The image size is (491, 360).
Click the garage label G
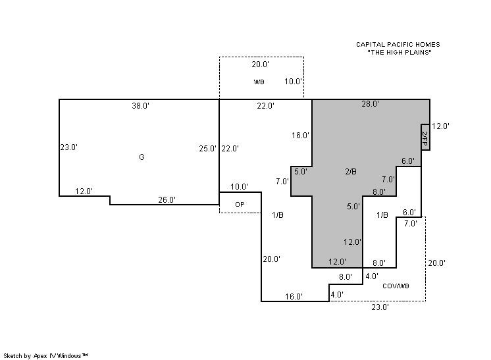(142, 157)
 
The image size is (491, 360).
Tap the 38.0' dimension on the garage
(140, 106)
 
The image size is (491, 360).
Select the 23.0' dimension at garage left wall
(69, 147)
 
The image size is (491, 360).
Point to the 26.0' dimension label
(167, 199)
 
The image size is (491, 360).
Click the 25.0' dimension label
(207, 148)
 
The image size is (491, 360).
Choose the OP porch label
(240, 205)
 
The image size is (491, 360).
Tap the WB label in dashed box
(259, 82)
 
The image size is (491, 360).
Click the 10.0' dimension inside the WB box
(293, 82)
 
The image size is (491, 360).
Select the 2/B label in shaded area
(351, 172)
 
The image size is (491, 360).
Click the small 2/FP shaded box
(425, 137)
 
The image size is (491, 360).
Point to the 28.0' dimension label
(370, 104)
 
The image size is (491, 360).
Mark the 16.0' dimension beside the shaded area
(300, 135)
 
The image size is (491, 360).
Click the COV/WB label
(396, 286)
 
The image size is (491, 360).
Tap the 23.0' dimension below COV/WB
(380, 307)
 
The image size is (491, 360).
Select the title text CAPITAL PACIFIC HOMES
(398, 45)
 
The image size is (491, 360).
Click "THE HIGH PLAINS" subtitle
(400, 52)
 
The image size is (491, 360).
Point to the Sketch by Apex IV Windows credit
(45, 355)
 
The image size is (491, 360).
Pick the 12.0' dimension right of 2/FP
(440, 126)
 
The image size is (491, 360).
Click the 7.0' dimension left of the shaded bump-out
(282, 181)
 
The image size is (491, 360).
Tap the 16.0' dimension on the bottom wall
(294, 296)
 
